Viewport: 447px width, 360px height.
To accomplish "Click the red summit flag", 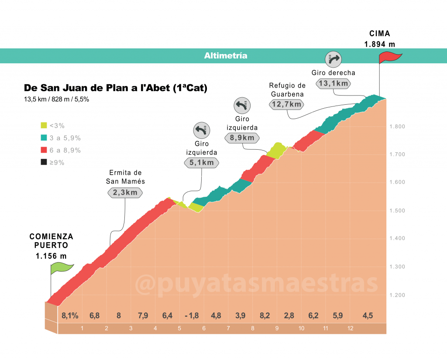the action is pyautogui.click(x=389, y=58).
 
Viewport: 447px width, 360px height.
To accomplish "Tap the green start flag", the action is pyautogui.click(x=62, y=268).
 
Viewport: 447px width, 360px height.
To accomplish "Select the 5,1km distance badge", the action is pyautogui.click(x=202, y=162).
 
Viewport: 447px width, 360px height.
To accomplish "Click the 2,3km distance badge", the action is pyautogui.click(x=125, y=193).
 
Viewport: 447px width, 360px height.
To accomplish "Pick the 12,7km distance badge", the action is pyautogui.click(x=286, y=104).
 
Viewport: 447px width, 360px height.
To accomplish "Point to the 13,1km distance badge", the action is pyautogui.click(x=333, y=83).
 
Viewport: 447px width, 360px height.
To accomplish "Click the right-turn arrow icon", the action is pyautogui.click(x=333, y=59).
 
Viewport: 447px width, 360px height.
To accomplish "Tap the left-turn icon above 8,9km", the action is pyautogui.click(x=242, y=106).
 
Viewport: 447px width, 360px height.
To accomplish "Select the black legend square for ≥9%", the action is pyautogui.click(x=44, y=162).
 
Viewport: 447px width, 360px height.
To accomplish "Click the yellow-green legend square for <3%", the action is pyautogui.click(x=44, y=125).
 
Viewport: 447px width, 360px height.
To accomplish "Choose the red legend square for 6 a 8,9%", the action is pyautogui.click(x=44, y=150).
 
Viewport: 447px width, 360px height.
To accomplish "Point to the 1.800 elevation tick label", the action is pyautogui.click(x=397, y=127).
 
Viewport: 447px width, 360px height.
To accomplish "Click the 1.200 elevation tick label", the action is pyautogui.click(x=397, y=295).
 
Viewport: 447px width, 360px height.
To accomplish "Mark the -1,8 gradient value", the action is pyautogui.click(x=192, y=315).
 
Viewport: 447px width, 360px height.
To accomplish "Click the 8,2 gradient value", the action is pyautogui.click(x=265, y=315).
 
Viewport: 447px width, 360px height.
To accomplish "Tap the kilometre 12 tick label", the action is pyautogui.click(x=350, y=328).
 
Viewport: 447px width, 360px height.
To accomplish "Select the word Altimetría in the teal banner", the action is pyautogui.click(x=226, y=55).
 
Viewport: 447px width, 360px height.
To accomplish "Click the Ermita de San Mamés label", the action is pyautogui.click(x=125, y=177).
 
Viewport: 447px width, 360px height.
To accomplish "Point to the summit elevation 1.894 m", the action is pyautogui.click(x=380, y=44).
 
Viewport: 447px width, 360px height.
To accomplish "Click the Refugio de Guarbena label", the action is pyautogui.click(x=287, y=90).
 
